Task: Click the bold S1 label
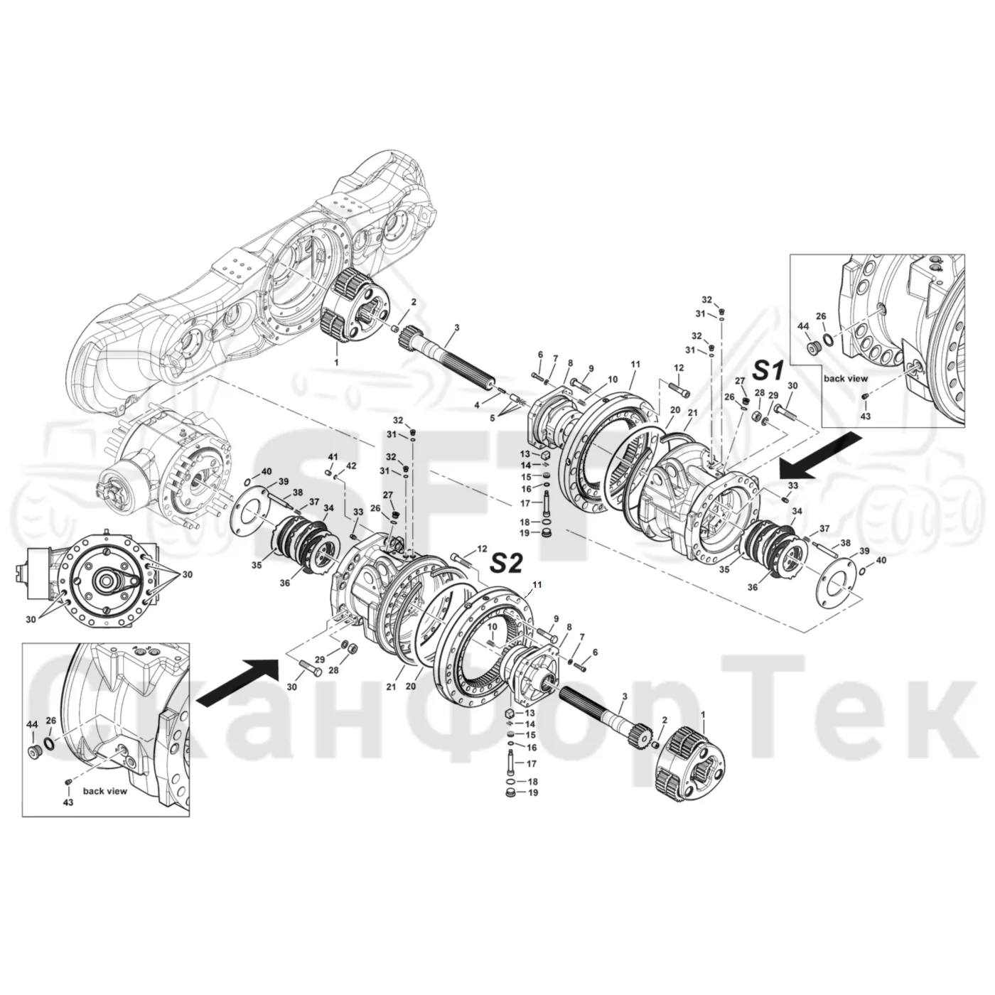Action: (x=769, y=370)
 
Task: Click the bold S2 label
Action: (x=506, y=563)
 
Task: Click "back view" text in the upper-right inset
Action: (x=846, y=379)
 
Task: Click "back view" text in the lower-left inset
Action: (x=104, y=791)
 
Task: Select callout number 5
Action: (x=492, y=418)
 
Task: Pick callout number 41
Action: (x=333, y=457)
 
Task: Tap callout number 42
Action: (x=351, y=466)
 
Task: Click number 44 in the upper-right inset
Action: (x=803, y=326)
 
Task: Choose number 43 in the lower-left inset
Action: (x=68, y=802)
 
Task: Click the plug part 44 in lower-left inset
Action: (x=35, y=753)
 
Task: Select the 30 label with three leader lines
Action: (x=187, y=574)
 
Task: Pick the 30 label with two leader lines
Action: (x=31, y=619)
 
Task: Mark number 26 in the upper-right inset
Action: (x=821, y=316)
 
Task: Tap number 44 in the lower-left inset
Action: (x=32, y=726)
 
